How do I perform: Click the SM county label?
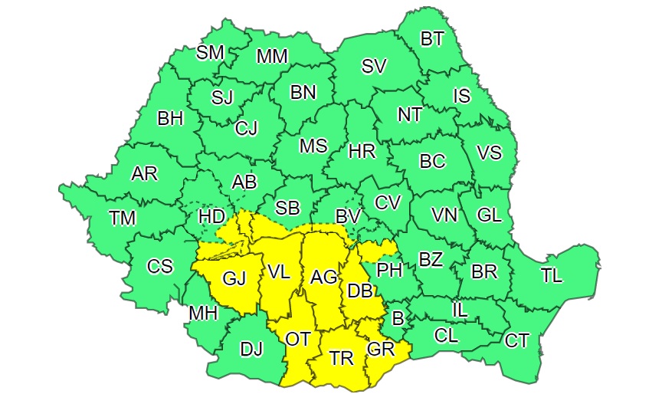210,53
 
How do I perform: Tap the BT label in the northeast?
432,39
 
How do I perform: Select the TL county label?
551,277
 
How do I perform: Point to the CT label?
517,340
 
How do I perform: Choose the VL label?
279,271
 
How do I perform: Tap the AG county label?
324,277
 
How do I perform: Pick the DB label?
360,291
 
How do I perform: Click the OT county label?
298,338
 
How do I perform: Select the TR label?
341,357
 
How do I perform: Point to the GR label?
380,350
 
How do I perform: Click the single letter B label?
398,317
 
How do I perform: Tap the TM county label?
122,218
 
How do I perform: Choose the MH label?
202,314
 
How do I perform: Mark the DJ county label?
251,350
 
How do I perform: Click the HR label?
362,152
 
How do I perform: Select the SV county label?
373,67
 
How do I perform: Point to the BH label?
170,119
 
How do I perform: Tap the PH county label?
390,270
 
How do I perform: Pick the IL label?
460,310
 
